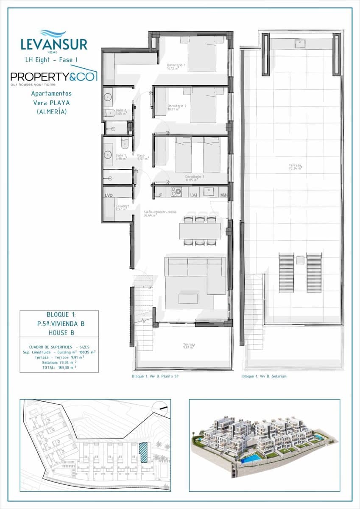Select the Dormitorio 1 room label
(177, 66)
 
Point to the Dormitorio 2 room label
(177, 107)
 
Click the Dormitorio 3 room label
(195, 178)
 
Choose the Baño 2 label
(121, 112)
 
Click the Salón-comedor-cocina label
(159, 213)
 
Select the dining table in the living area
(200, 231)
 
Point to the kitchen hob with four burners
(176, 192)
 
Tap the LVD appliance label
(109, 195)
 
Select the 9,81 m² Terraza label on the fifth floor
(189, 346)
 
